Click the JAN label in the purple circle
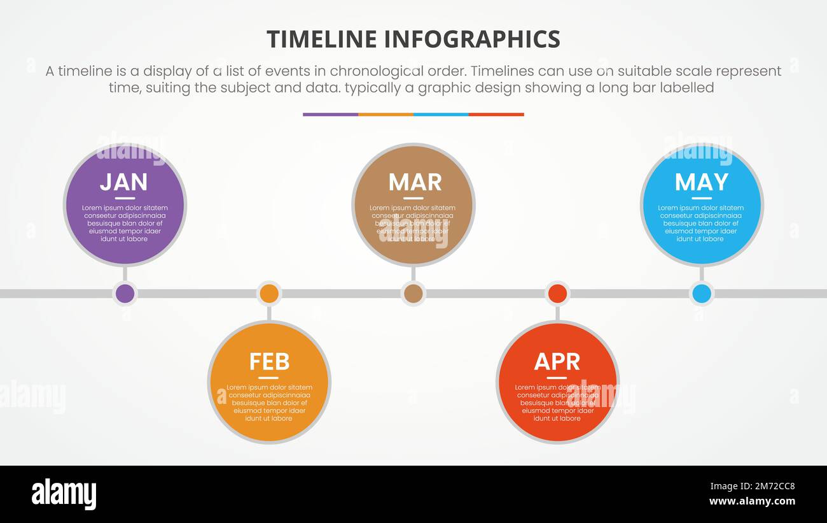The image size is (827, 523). [x=123, y=182]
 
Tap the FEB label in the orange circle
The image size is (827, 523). [x=269, y=362]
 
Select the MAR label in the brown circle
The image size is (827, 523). [x=415, y=182]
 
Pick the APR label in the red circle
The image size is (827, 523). [x=557, y=362]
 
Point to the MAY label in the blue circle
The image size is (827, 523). [x=701, y=182]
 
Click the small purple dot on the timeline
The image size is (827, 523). [x=125, y=294]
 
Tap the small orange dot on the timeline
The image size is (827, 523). [x=269, y=294]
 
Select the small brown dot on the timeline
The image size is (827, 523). [x=413, y=294]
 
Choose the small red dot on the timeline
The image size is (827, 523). [x=557, y=294]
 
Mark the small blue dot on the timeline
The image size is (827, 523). [x=702, y=294]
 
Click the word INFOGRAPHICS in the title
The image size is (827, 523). [x=473, y=39]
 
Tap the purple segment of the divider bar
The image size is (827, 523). [x=330, y=115]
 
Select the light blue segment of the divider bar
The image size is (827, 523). [x=441, y=115]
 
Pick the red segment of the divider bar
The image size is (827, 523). [x=496, y=115]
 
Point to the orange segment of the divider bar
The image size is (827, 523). [x=386, y=115]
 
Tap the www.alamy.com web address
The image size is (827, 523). [x=752, y=501]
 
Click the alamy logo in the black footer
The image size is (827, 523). [x=64, y=494]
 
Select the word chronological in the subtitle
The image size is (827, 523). [x=372, y=71]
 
